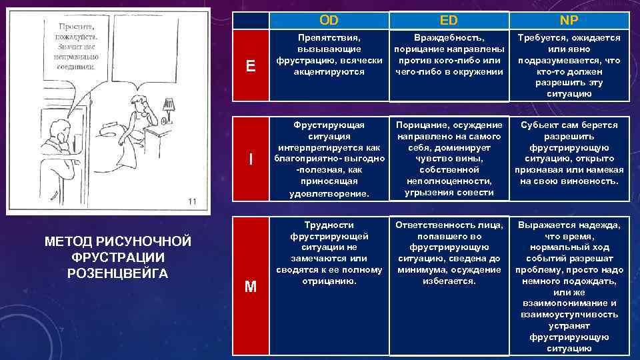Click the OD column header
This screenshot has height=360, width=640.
tap(329, 20)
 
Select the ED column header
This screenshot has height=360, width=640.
tap(448, 20)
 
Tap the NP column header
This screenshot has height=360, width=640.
tap(569, 20)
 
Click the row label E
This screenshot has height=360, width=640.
tap(250, 65)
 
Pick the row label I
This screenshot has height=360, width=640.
tap(250, 159)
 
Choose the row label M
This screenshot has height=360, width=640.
tap(250, 287)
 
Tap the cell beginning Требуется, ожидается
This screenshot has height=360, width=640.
tap(569, 65)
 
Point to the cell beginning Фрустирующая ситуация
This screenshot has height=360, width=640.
tap(329, 159)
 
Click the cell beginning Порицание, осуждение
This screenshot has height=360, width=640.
tap(448, 159)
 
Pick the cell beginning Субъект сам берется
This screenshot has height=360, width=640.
tap(569, 153)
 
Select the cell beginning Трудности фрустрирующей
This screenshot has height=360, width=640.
tap(329, 253)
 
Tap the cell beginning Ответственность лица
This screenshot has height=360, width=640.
tap(448, 253)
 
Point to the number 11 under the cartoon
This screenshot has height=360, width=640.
tap(191, 201)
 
